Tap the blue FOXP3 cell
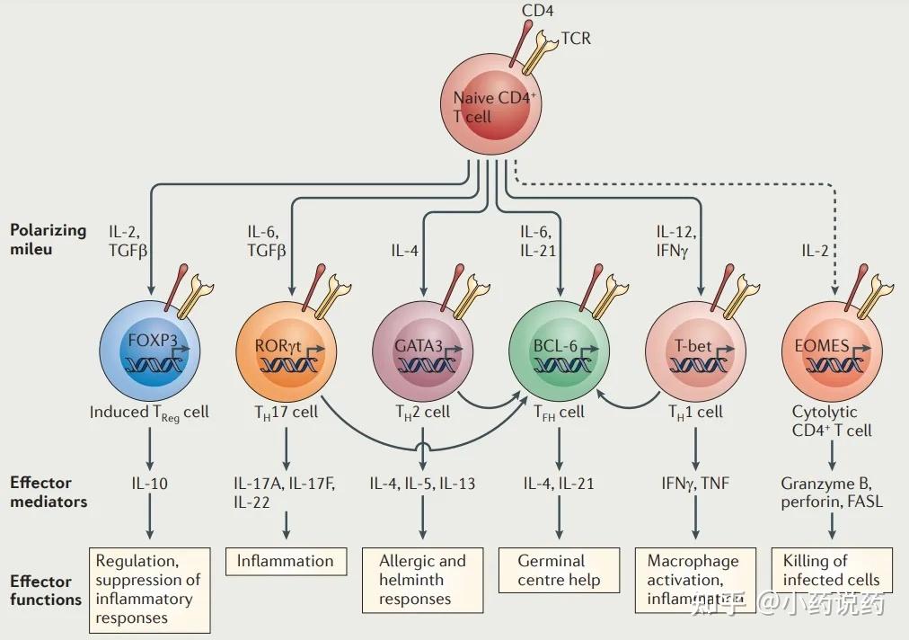coord(149,351)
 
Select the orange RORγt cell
coord(286,351)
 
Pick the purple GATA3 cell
coord(421,351)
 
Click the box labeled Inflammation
coord(285,561)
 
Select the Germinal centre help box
coord(559,570)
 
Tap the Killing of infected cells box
coord(832,570)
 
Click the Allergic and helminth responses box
coord(422,580)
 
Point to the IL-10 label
coord(149,484)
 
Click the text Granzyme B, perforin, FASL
coord(832,493)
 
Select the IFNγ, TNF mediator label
coord(694,484)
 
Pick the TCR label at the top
coord(576,39)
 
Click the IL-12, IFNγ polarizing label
coord(676,241)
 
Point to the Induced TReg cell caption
coord(149,413)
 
